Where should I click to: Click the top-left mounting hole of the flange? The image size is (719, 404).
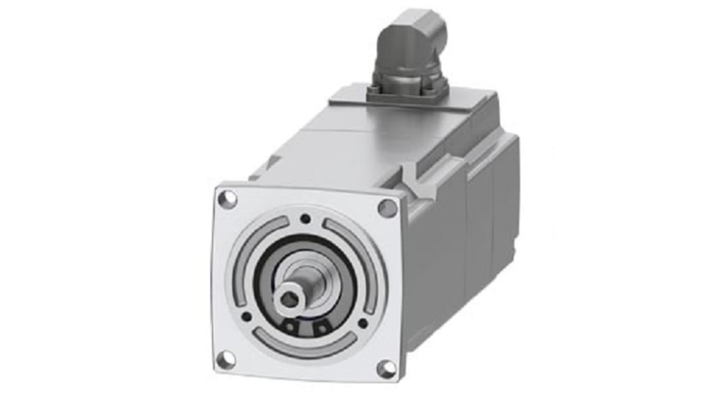227,198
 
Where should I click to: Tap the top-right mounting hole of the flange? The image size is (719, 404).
387,208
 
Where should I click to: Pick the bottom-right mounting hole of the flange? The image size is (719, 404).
386,369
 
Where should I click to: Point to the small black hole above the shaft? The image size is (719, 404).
305,219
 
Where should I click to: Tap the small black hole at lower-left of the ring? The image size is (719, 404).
246,317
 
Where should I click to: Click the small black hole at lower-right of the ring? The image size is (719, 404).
363,323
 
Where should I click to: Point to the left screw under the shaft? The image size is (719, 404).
290,327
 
